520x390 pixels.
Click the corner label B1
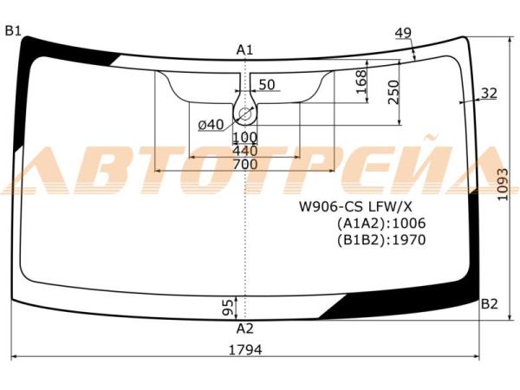point(13,31)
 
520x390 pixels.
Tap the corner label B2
point(490,304)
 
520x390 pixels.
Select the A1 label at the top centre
point(244,50)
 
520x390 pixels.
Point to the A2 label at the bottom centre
point(244,328)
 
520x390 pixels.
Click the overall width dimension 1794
point(245,349)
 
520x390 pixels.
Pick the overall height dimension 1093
point(503,185)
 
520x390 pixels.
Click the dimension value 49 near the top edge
point(403,33)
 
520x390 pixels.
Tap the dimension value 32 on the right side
point(489,94)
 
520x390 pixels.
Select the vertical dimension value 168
point(361,81)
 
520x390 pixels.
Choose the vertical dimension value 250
point(393,92)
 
